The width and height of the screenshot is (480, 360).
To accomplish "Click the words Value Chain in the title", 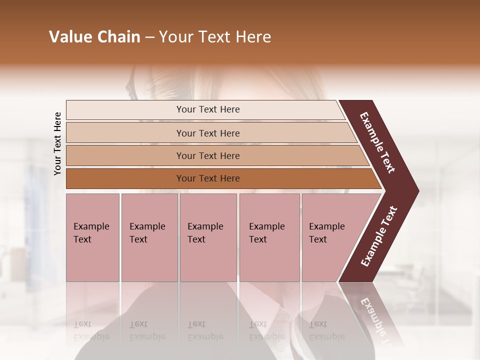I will [94, 37].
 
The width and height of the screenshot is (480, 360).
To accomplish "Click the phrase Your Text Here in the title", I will [215, 37].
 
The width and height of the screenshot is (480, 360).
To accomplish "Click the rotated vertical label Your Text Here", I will [57, 143].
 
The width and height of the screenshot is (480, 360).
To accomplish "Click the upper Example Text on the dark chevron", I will [377, 142].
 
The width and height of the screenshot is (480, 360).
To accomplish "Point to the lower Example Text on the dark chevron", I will [378, 236].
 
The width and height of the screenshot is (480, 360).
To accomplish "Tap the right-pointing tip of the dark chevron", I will [416, 191].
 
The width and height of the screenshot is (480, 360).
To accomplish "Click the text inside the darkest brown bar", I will [208, 178].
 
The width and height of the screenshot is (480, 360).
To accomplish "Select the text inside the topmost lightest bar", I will [208, 109].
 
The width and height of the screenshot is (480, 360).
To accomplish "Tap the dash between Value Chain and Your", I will [149, 37].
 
